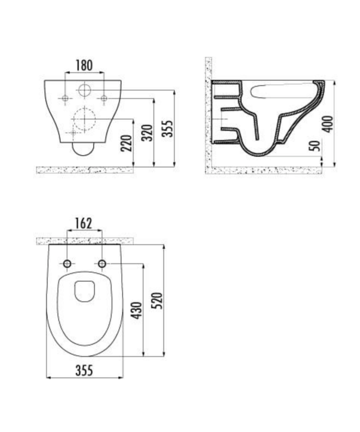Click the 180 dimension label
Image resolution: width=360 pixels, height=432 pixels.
[84, 65]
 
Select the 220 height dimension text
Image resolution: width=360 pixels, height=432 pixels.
[127, 147]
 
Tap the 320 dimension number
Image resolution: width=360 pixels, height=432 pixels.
[147, 132]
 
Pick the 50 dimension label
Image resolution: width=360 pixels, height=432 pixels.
[316, 147]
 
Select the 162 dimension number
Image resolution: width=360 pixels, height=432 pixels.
[84, 223]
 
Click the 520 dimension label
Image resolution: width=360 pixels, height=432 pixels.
[157, 301]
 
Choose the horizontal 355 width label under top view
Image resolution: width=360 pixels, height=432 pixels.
[84, 369]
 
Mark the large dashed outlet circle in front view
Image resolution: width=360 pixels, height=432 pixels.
[84, 118]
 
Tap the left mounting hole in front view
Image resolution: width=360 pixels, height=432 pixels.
[65, 99]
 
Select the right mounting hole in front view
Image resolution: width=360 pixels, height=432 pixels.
[103, 99]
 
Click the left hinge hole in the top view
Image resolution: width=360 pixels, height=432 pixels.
[67, 263]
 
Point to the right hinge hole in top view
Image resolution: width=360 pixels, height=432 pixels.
[102, 263]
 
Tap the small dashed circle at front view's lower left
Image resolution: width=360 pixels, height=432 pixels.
[71, 132]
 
